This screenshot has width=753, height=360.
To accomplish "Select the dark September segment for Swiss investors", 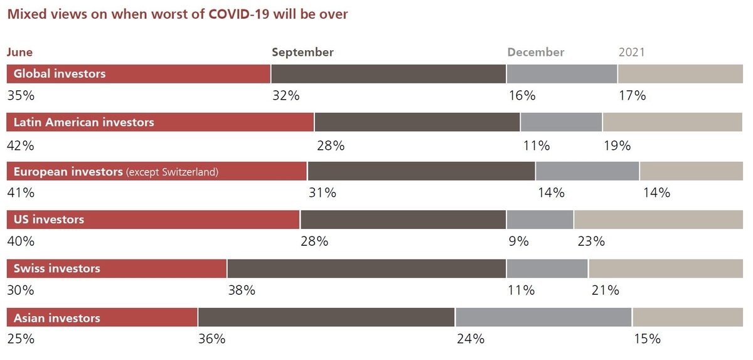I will pyautogui.click(x=366, y=268).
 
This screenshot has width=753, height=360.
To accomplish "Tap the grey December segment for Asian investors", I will pyautogui.click(x=543, y=317).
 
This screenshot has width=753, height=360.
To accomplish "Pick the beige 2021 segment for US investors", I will pyautogui.click(x=658, y=220).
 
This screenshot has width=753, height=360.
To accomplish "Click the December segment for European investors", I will pyautogui.click(x=587, y=171).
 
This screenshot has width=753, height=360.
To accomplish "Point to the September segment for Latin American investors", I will pyautogui.click(x=417, y=122).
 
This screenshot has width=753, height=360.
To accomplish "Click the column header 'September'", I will pyautogui.click(x=302, y=53).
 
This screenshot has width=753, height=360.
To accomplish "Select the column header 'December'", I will pyautogui.click(x=535, y=53).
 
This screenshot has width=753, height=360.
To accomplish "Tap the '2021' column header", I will pyautogui.click(x=631, y=53).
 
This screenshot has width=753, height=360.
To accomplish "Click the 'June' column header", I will pyautogui.click(x=19, y=53).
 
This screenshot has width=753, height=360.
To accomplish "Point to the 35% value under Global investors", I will pyautogui.click(x=20, y=96).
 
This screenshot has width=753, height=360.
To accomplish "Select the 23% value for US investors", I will pyautogui.click(x=590, y=241).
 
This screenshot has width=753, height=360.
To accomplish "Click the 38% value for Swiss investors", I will pyautogui.click(x=242, y=290).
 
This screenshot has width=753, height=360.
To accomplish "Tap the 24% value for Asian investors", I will pyautogui.click(x=471, y=339).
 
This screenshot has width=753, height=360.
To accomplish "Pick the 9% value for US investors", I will pyautogui.click(x=518, y=241).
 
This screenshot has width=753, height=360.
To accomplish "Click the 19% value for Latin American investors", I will pyautogui.click(x=617, y=146).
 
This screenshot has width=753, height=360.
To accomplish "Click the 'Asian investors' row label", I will pyautogui.click(x=56, y=318).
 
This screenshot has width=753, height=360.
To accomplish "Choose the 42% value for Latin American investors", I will pyautogui.click(x=20, y=146).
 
